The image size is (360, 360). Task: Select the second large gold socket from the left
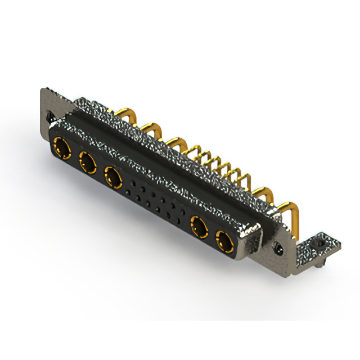(88, 164)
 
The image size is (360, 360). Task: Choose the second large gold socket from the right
(199, 228)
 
